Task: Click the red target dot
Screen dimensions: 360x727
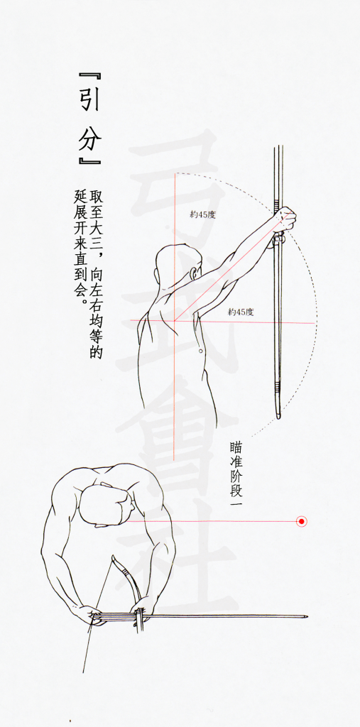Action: [x=302, y=522]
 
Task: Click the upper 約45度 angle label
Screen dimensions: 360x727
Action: [x=203, y=214]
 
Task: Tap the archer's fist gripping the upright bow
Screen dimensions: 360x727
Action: [x=285, y=220]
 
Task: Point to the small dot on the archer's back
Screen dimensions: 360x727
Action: [x=200, y=351]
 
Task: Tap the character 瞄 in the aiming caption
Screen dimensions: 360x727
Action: [x=236, y=447]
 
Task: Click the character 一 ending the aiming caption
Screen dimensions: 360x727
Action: [x=236, y=504]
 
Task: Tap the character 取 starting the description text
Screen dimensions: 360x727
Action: [x=96, y=195]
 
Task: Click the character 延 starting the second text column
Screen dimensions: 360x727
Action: [x=75, y=195]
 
